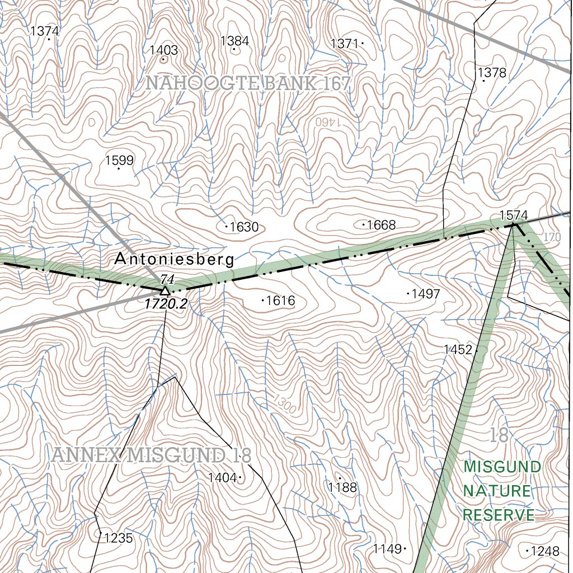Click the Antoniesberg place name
tap(174, 260)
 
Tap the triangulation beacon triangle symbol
tap(165, 291)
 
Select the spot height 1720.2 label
tap(165, 304)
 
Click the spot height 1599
tap(119, 161)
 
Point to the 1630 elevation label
tap(244, 227)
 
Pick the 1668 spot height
tap(381, 225)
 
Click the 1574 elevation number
tap(513, 215)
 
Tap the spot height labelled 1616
tap(280, 300)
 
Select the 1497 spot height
tap(425, 294)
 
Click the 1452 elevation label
tap(458, 350)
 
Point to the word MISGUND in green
tap(502, 467)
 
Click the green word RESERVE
tap(499, 515)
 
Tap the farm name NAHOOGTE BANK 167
tap(248, 84)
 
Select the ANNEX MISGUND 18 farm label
tap(151, 455)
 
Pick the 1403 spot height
tap(163, 50)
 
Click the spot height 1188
tap(342, 487)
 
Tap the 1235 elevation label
tap(119, 538)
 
